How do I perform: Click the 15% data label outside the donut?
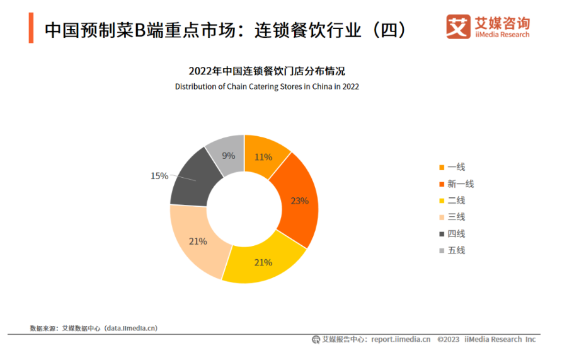pos(159,176)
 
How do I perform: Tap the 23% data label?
pos(299,201)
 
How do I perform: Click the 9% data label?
pos(228,156)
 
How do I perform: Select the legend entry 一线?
pos(455,167)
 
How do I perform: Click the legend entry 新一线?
pos(460,184)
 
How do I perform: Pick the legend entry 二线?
pos(455,200)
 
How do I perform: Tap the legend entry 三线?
pos(455,217)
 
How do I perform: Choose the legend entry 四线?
pos(455,234)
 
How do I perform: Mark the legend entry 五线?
pos(455,250)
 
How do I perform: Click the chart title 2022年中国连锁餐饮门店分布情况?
pos(267,71)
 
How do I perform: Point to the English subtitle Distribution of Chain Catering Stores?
pos(267,86)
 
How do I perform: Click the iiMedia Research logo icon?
pos(459,27)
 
